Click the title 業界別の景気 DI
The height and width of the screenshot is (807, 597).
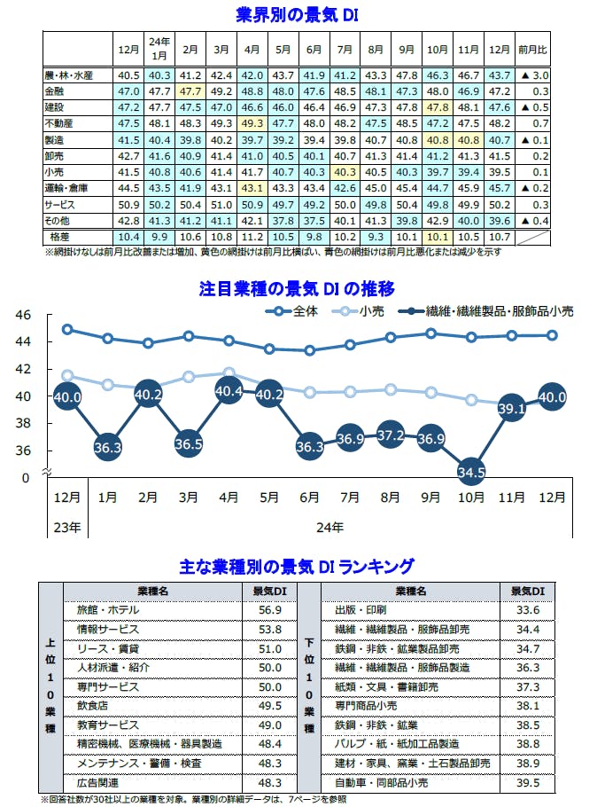tap(298, 15)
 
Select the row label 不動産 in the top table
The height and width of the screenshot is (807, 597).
tap(59, 123)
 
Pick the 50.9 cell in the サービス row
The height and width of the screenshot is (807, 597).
tap(128, 205)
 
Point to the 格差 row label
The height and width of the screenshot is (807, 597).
tap(60, 238)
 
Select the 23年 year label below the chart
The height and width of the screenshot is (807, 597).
tap(66, 527)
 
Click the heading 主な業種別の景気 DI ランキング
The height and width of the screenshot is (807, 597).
tap(298, 565)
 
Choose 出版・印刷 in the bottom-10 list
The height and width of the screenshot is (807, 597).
tap(361, 610)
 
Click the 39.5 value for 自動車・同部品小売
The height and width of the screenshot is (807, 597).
tap(528, 783)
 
